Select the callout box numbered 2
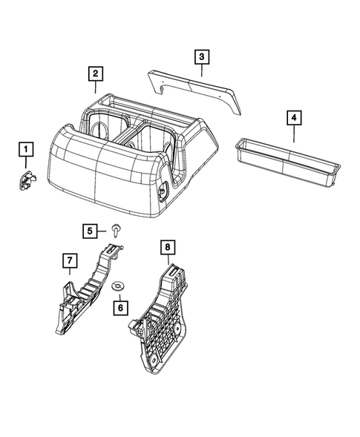point(95,73)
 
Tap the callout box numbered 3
point(201,56)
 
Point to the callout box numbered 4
point(294,117)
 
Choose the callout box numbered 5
point(90,231)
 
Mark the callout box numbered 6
point(118,305)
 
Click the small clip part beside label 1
point(27,179)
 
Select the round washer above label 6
point(118,286)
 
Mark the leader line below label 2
point(96,86)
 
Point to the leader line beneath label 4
point(294,134)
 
